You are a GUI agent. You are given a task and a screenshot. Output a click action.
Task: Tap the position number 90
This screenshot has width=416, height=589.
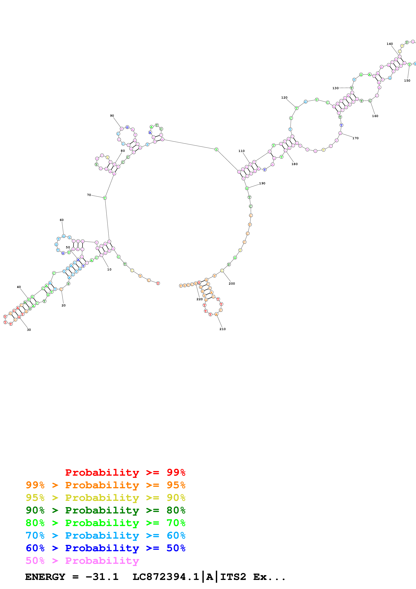[x=112, y=116]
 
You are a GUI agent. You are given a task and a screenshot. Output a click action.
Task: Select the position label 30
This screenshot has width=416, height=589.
[x=29, y=330]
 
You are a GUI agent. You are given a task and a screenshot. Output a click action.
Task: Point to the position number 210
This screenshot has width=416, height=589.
[x=223, y=329]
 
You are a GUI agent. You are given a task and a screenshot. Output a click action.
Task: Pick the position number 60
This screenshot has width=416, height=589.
[x=62, y=220]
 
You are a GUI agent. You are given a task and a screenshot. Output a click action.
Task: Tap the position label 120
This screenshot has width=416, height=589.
[x=284, y=98]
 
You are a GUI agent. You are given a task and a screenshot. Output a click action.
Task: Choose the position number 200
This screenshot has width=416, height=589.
[x=232, y=283]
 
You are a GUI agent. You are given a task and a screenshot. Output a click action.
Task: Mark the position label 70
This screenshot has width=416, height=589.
[x=89, y=195]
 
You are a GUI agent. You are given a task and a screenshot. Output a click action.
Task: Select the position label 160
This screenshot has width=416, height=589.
[x=375, y=116]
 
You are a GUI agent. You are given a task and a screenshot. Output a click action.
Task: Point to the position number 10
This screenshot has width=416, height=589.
[x=109, y=269]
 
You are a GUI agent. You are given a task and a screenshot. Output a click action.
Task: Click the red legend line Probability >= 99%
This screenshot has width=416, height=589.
[x=125, y=472]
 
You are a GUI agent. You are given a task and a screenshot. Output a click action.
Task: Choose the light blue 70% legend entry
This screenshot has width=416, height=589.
[x=105, y=535]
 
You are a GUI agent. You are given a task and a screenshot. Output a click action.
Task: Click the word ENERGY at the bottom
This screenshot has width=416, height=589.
[x=45, y=577]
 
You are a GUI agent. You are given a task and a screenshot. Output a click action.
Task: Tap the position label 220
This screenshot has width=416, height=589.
[x=199, y=299]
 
